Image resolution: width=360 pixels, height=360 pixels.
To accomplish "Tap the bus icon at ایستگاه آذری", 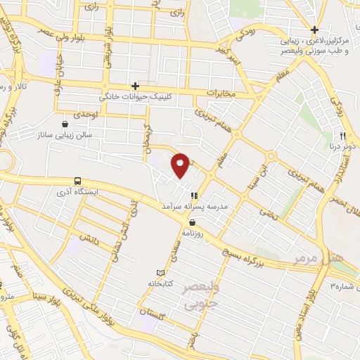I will (x=77, y=181).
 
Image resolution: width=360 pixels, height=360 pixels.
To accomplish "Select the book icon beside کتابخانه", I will (x=160, y=272).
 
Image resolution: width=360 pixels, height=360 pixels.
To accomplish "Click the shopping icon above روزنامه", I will (x=192, y=222).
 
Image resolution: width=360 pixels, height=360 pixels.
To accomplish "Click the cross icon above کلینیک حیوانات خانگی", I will (x=135, y=85).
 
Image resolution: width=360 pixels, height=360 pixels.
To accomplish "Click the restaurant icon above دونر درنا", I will (x=342, y=135).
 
